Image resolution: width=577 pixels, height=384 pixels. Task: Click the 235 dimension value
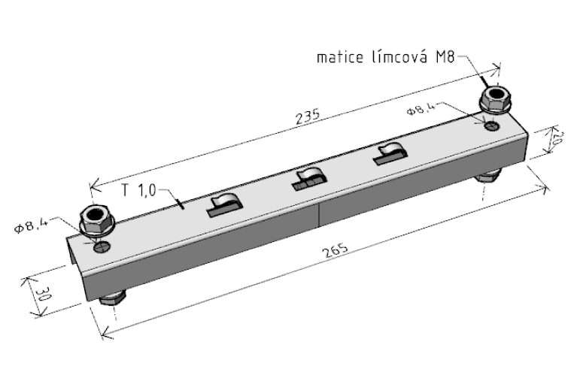[x=308, y=116]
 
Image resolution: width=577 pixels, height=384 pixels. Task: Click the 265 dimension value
[x=336, y=250]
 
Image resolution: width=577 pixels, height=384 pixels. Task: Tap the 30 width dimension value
[x=43, y=294]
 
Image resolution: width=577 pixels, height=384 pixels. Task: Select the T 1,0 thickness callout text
[x=138, y=190]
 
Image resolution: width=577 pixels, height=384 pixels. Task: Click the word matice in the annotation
[x=340, y=57]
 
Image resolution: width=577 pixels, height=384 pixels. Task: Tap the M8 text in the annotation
[x=445, y=57]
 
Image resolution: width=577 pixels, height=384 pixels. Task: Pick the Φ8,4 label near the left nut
[x=32, y=224]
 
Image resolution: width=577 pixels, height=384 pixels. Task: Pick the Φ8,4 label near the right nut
[x=421, y=109]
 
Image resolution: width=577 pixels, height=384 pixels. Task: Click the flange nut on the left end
[x=97, y=220]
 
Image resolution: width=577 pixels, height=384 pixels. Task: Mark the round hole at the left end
[x=102, y=246]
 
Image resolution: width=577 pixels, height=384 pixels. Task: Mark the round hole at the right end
[x=492, y=126]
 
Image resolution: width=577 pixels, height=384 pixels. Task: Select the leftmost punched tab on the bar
[x=224, y=205]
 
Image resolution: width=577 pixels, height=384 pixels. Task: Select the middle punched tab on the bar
[x=309, y=179]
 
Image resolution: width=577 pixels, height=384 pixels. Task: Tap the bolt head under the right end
[x=488, y=175]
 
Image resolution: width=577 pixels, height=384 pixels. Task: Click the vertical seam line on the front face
[x=319, y=216]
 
